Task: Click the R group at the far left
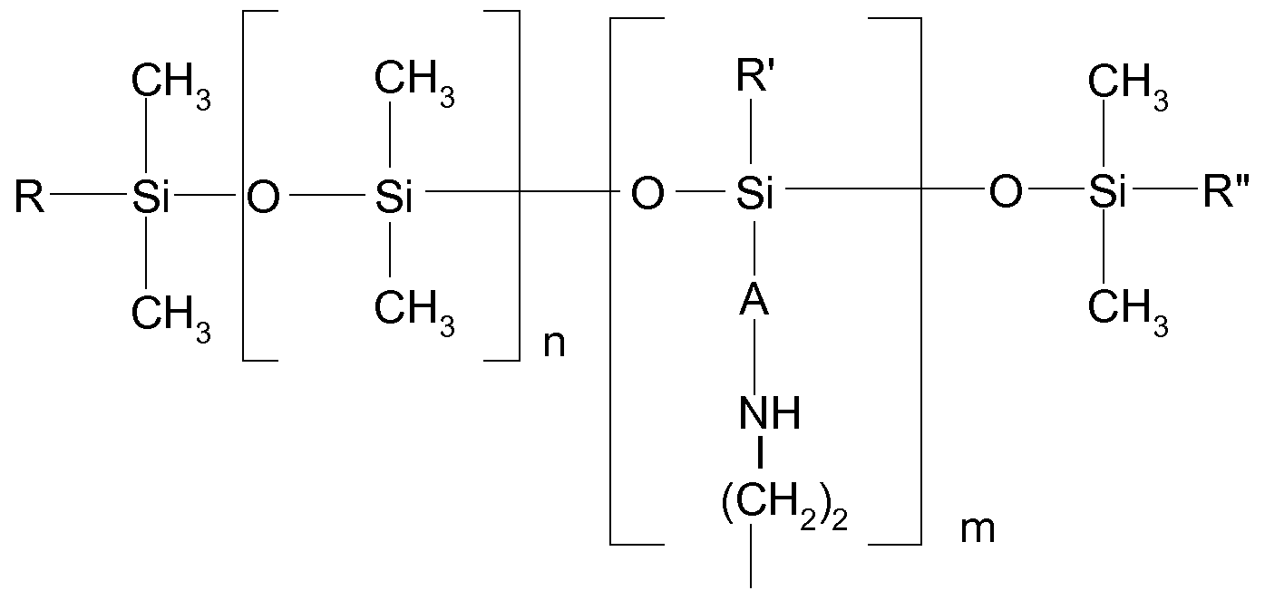[x=29, y=198]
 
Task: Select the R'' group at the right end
[x=1225, y=193]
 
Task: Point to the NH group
[x=769, y=414]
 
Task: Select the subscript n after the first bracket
[x=554, y=345]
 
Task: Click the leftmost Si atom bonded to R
[x=151, y=198]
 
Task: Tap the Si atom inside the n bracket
[x=393, y=198]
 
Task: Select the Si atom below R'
[x=754, y=194]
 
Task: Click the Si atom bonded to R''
[x=1105, y=194]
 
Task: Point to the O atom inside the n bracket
[x=263, y=198]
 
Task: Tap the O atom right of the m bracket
[x=1005, y=194]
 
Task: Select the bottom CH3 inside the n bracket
[x=414, y=309]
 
